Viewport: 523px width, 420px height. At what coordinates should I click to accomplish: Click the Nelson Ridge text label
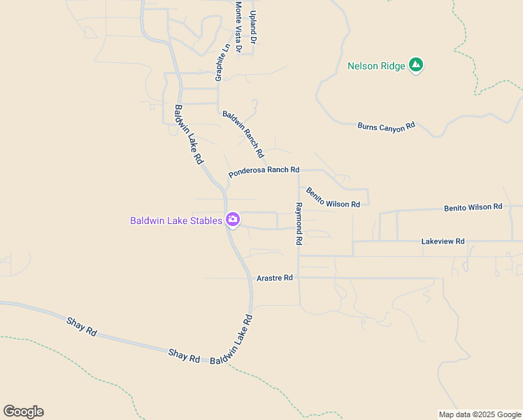[376, 66]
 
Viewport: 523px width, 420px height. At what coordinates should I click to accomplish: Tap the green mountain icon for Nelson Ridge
[417, 65]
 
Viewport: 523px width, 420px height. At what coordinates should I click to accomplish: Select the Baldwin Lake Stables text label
[176, 220]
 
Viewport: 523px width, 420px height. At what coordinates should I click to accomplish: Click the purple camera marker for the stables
[233, 220]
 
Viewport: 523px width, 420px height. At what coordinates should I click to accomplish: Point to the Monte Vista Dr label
[238, 27]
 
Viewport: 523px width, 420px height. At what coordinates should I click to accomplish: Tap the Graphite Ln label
[222, 64]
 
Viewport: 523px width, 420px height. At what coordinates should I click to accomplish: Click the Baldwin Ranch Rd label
[243, 134]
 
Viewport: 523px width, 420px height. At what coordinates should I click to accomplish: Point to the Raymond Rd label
[299, 223]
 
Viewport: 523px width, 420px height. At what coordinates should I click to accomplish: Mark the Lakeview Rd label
[443, 241]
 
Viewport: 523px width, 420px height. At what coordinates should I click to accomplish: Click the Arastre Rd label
[275, 278]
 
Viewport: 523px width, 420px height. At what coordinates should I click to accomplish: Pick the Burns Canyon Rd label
[386, 126]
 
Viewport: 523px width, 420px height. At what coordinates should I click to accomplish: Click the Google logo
[23, 412]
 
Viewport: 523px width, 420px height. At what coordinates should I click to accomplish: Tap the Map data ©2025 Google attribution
[480, 414]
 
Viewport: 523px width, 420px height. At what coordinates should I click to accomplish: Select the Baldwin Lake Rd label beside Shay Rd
[231, 339]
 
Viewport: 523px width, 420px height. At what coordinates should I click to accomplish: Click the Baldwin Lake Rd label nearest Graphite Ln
[189, 134]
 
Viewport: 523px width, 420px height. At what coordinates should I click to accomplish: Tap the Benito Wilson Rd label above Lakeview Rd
[473, 207]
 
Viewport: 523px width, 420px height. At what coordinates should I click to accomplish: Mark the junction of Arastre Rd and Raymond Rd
[299, 278]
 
